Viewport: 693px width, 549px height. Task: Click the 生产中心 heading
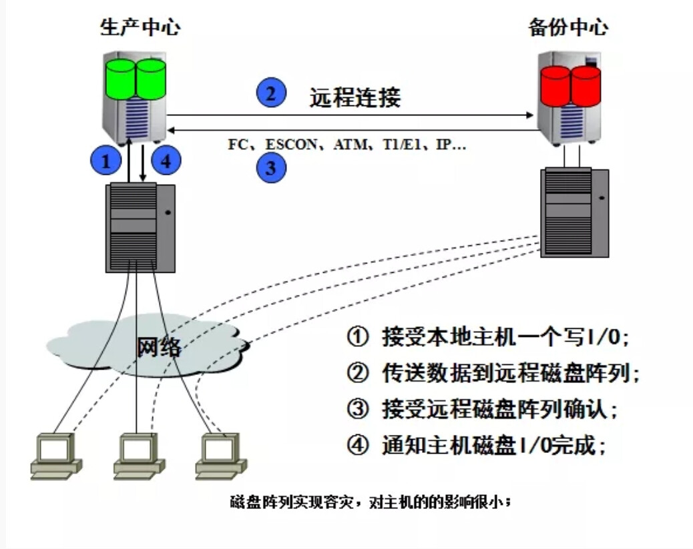pos(140,27)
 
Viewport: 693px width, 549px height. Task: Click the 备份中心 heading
pos(568,27)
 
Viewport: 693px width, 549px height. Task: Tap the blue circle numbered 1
pos(105,160)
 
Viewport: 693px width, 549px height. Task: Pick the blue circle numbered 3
pos(271,167)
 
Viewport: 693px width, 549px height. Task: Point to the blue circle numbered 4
pos(167,160)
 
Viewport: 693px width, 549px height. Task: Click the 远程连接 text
pos(355,97)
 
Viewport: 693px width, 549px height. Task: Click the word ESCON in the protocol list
pos(291,145)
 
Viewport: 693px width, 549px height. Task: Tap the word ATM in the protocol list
pos(346,145)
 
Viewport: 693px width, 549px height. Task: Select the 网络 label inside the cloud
pos(158,348)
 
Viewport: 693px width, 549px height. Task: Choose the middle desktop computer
pos(139,457)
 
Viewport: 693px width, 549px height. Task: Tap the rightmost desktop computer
pos(221,457)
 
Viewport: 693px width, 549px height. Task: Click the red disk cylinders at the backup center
pos(571,85)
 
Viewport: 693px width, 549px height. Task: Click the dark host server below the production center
pos(140,227)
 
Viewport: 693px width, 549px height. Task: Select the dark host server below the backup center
pos(575,212)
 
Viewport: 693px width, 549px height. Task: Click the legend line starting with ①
pos(487,338)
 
